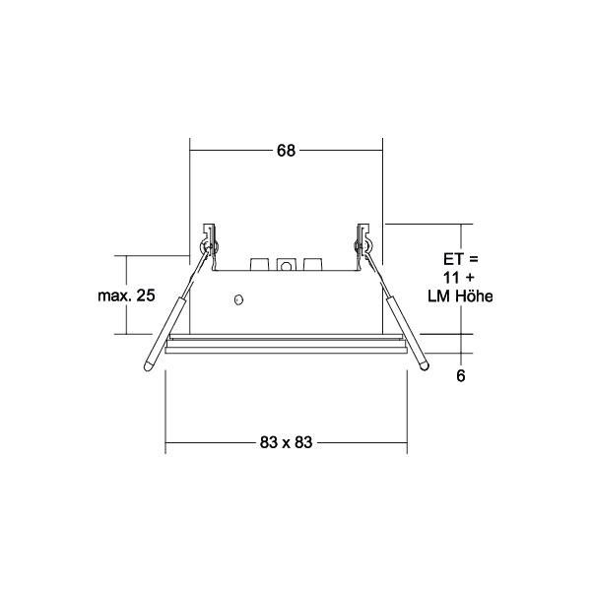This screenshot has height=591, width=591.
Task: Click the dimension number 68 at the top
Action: point(286,151)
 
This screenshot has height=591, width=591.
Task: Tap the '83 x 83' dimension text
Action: point(286,443)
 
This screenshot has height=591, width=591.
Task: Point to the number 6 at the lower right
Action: point(460,375)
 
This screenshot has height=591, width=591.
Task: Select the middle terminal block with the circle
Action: point(287,266)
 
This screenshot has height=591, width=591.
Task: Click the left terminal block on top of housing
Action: point(261,266)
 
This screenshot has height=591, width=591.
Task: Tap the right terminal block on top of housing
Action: point(312,266)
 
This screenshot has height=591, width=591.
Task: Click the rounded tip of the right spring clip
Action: point(425,366)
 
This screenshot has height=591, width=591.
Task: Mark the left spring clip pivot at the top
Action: point(206,239)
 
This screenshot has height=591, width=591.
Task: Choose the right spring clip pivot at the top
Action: point(364,239)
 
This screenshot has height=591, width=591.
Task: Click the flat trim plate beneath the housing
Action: point(286,345)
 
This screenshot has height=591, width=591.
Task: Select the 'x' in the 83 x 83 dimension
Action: point(286,443)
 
